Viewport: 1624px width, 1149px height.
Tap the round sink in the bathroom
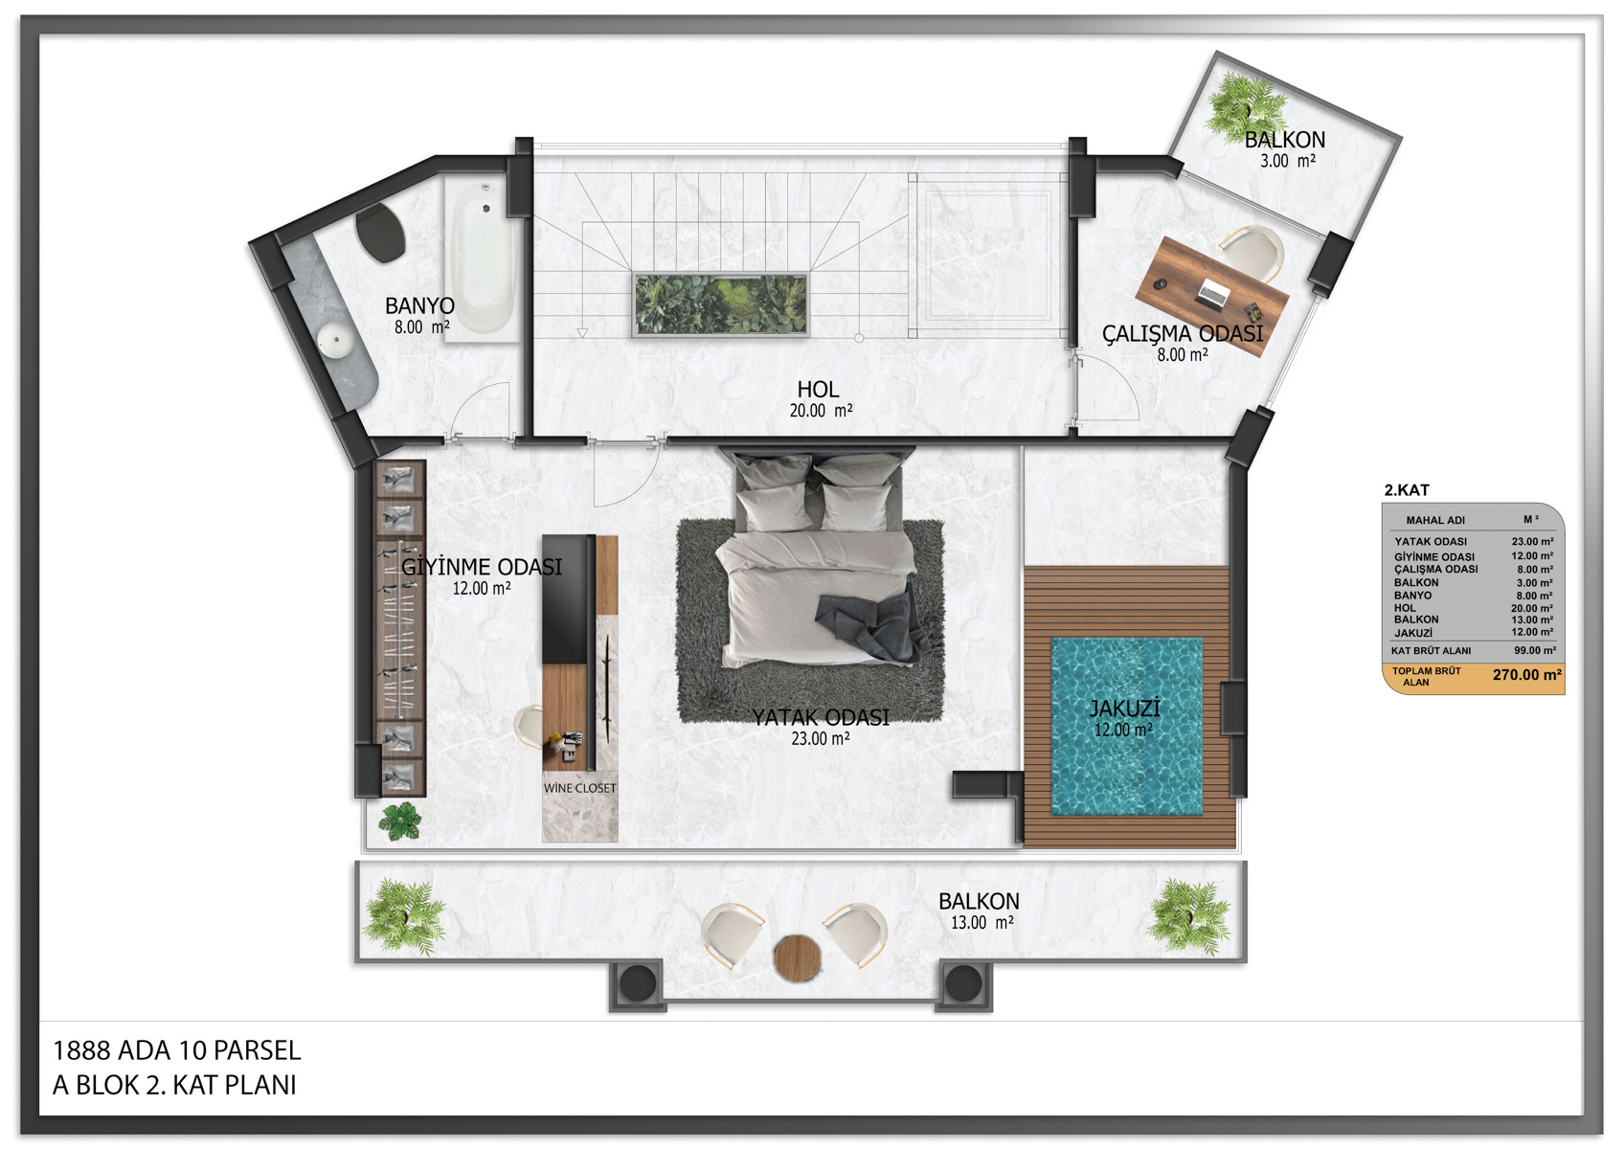[x=335, y=340]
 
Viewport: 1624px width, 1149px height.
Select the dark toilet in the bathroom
[x=380, y=232]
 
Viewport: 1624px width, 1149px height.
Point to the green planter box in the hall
[x=721, y=304]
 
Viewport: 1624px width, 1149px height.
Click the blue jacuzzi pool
[x=1127, y=726]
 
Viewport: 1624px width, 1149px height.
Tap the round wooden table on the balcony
[x=797, y=958]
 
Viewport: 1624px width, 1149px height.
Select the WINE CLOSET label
[x=580, y=788]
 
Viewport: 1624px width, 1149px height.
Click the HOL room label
[x=819, y=390]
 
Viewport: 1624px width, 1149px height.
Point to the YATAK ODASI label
[x=820, y=718]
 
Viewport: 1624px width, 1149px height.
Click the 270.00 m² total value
[x=1527, y=675]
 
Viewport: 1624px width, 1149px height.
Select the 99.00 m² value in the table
[x=1535, y=650]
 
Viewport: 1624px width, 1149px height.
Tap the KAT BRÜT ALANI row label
[x=1431, y=651]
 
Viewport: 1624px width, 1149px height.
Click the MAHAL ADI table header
[x=1435, y=521]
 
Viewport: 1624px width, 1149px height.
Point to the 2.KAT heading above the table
[x=1407, y=490]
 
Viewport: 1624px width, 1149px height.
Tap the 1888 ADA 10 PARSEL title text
[x=177, y=1050]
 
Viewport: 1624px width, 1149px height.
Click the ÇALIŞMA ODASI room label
[x=1183, y=334]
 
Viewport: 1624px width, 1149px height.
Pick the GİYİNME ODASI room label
[x=482, y=567]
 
